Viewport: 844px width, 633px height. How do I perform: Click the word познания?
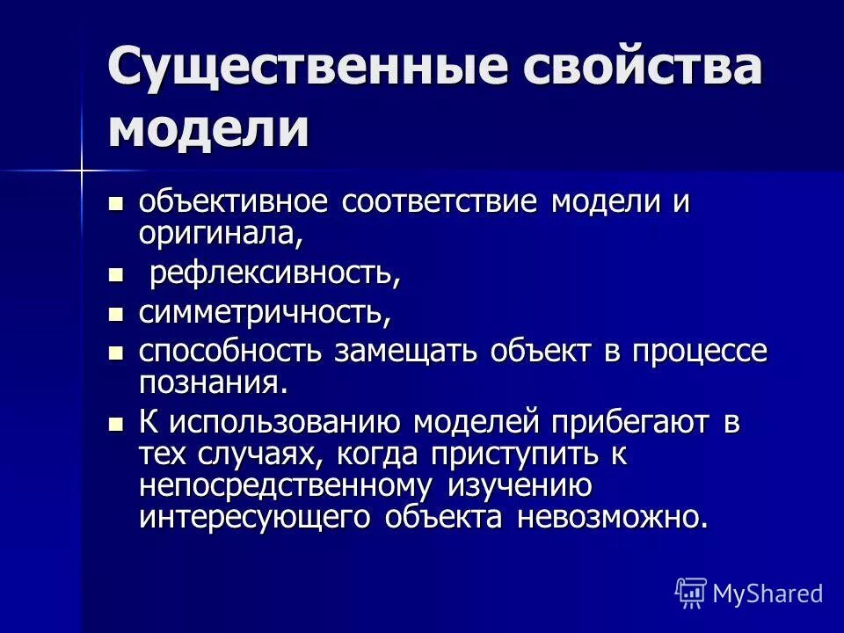212,382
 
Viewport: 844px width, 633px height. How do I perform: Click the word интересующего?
255,516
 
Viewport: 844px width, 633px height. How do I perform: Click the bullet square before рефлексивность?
113,275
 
